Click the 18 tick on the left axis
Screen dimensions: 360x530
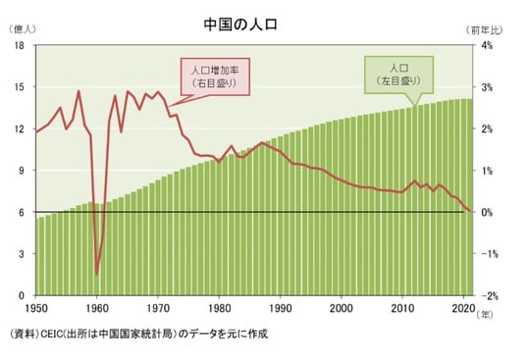(19, 46)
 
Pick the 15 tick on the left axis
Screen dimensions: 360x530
(19, 87)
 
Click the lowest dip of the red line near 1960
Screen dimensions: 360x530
(96, 274)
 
